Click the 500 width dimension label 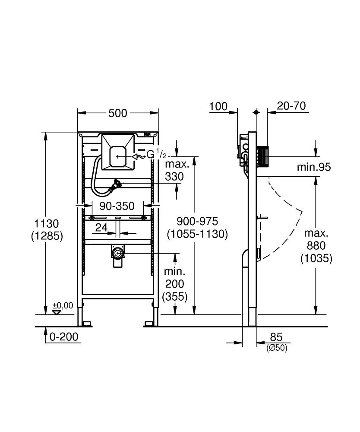pos(118,113)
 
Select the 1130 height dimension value pos(47,224)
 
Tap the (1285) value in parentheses pos(47,236)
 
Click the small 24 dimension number pos(101,228)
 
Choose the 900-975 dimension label pos(197,221)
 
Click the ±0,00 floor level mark pos(63,306)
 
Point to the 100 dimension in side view pos(218,106)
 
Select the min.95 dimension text pos(314,167)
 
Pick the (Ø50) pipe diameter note pos(277,348)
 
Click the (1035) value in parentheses pos(316,258)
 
